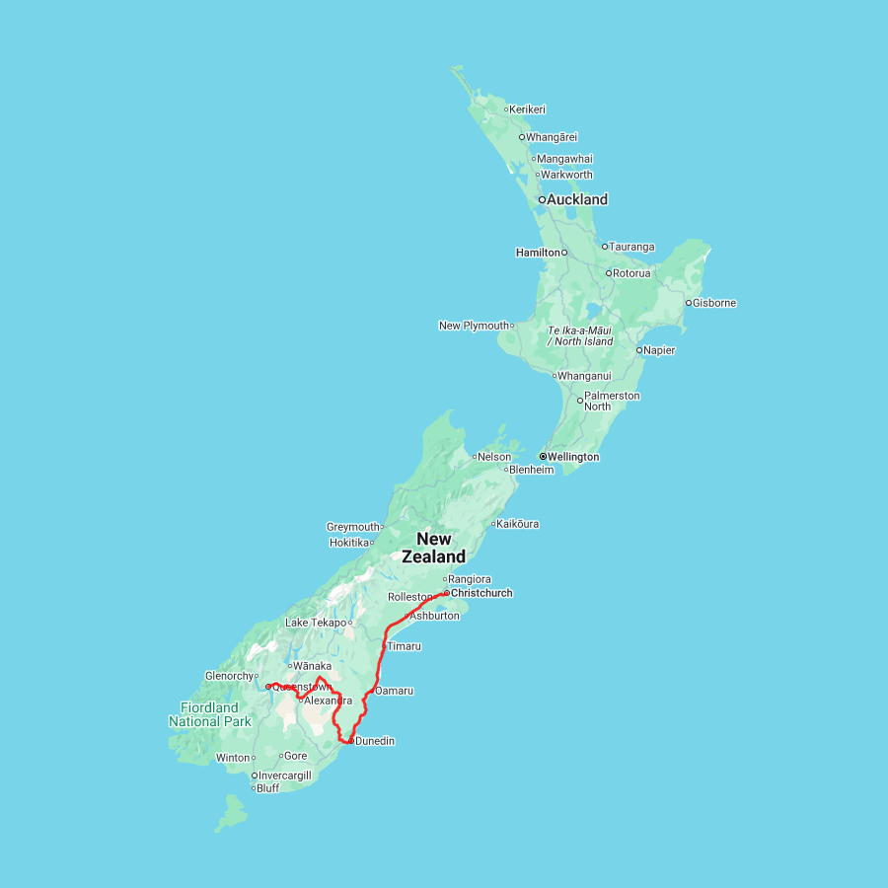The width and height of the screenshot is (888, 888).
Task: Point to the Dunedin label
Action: [x=375, y=741]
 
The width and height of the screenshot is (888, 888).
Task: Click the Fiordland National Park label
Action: [x=209, y=714]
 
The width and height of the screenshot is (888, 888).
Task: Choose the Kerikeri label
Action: [x=528, y=110]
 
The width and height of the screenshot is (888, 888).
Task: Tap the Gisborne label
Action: [x=714, y=303]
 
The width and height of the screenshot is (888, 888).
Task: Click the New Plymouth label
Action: [x=474, y=326]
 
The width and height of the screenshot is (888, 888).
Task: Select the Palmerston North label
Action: [x=612, y=401]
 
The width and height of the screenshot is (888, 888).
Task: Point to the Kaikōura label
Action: [x=518, y=524]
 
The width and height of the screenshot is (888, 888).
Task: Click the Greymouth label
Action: [x=353, y=527]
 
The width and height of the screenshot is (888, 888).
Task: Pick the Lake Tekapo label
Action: [x=316, y=623]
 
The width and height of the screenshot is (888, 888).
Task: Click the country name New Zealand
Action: [x=434, y=548]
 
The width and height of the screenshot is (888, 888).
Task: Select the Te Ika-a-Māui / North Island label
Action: [x=580, y=335]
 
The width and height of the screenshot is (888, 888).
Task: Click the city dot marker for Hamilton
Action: [x=564, y=253]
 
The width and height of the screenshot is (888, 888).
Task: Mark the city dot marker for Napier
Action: [x=638, y=350]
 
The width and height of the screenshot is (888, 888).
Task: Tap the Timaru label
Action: [x=405, y=646]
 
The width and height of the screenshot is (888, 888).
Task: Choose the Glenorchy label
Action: [x=229, y=676]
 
